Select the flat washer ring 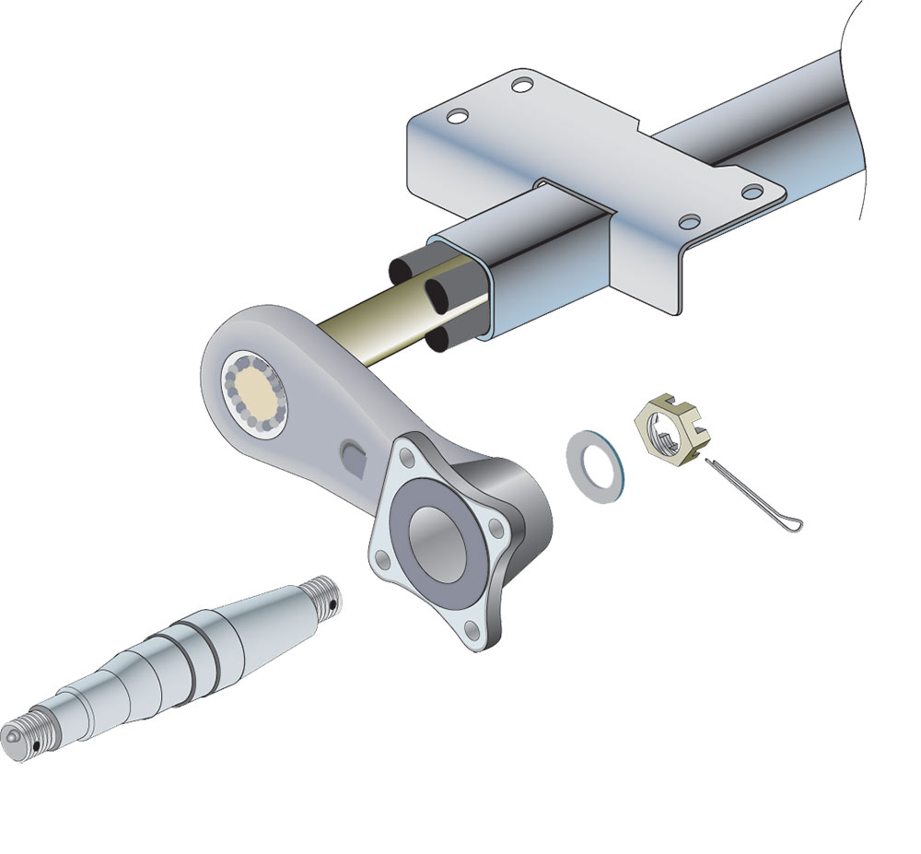[x=596, y=468]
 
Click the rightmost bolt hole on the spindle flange [x=497, y=530]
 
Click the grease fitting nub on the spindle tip [x=9, y=737]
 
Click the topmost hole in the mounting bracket [x=522, y=87]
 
